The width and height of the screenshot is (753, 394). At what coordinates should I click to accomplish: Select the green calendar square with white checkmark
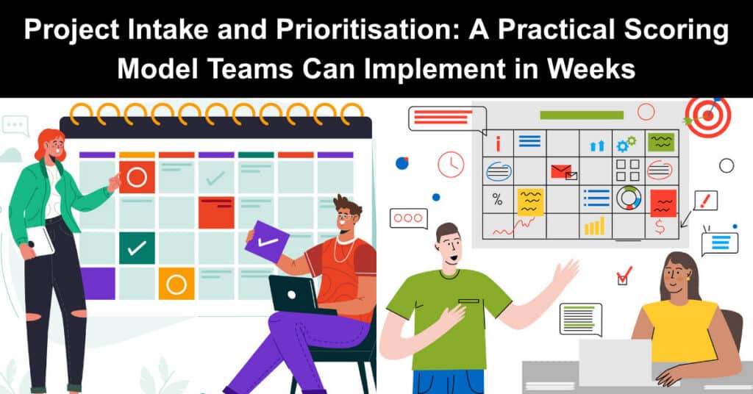point(137,248)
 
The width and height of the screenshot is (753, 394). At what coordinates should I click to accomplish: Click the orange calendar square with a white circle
point(176,284)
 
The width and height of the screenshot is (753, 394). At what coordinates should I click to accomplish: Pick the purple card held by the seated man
point(267,242)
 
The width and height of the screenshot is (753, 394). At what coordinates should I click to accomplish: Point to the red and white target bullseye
point(707,117)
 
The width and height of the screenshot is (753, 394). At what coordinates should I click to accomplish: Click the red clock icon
point(451,165)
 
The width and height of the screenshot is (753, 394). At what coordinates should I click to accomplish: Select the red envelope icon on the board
point(563,171)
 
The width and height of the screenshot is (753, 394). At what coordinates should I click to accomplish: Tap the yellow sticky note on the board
point(530,202)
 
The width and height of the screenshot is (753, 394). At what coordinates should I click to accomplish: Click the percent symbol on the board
point(498,200)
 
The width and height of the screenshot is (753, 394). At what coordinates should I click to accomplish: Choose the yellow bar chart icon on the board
point(594,226)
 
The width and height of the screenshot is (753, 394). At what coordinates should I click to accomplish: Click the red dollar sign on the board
point(660,226)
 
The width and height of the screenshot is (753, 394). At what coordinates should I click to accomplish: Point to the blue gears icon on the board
point(627,143)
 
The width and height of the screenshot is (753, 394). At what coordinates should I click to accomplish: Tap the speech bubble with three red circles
point(409,218)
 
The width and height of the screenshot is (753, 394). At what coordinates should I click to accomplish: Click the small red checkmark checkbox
point(624,276)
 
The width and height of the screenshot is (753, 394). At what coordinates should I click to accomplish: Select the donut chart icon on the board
point(629,198)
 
